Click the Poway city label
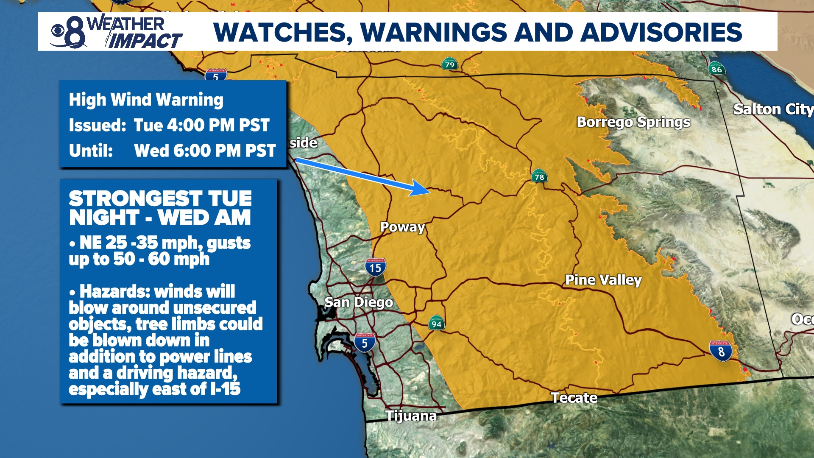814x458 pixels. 402,227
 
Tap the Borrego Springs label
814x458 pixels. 633,122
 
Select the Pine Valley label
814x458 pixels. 603,280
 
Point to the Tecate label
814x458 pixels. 574,398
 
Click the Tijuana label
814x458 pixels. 410,416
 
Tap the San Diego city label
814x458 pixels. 358,302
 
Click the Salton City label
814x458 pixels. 772,109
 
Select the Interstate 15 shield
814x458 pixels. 375,267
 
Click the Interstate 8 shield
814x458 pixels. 720,351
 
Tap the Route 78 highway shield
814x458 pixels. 539,176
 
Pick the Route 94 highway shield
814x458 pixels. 436,323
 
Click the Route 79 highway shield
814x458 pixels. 449,64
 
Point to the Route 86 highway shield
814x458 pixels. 716,69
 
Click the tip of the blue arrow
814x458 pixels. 429,192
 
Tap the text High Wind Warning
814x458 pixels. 146,100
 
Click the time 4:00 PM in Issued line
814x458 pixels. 201,126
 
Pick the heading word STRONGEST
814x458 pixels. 135,198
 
